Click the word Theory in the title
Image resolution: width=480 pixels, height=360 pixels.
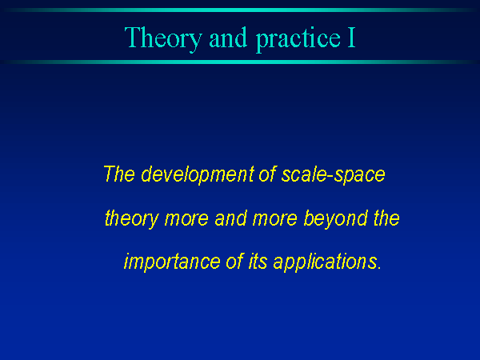[x=163, y=38]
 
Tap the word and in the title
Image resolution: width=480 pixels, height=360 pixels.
[x=228, y=38]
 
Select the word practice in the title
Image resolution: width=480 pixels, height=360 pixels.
[x=298, y=39]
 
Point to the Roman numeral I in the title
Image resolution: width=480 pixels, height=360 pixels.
[x=351, y=38]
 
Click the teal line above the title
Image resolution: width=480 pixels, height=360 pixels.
[x=240, y=10]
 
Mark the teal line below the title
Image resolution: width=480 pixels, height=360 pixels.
[x=240, y=62]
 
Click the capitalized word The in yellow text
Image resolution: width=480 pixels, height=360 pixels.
[x=119, y=174]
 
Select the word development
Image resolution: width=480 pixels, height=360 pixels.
[x=198, y=175]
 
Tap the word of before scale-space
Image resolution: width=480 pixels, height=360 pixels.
[x=268, y=174]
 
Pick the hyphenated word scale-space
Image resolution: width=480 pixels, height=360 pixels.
[x=333, y=175]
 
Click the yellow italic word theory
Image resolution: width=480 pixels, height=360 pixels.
[x=132, y=219]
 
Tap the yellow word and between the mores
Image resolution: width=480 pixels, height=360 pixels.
[x=230, y=218]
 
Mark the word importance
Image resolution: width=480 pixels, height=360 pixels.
[x=172, y=262]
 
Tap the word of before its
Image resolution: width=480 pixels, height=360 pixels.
[x=234, y=262]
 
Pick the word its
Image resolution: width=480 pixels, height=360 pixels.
[x=258, y=262]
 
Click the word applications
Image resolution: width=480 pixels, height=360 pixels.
[x=327, y=262]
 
